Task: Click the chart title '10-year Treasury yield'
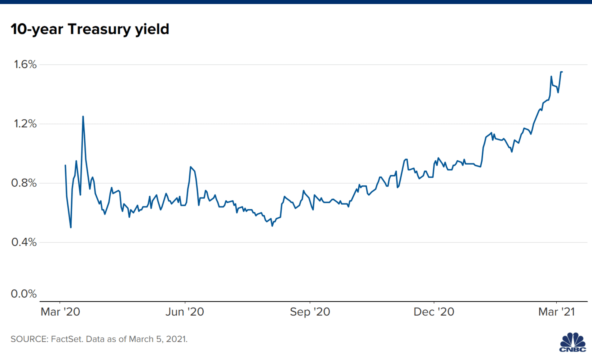(x=90, y=29)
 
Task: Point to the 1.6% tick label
(x=25, y=64)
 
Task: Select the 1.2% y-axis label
(x=25, y=124)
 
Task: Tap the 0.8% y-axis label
(x=24, y=183)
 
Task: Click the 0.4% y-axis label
(x=24, y=242)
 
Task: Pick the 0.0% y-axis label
(x=24, y=294)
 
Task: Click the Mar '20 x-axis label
(x=60, y=312)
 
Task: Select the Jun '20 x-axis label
(x=185, y=312)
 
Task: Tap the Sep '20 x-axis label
(x=310, y=312)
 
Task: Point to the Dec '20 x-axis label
(x=434, y=312)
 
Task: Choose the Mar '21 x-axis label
(x=557, y=312)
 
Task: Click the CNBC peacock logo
(x=572, y=342)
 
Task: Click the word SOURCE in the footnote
(x=29, y=339)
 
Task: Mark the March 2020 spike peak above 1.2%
(x=83, y=117)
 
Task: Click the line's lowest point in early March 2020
(x=71, y=227)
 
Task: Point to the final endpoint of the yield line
(x=562, y=72)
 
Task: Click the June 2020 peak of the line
(x=191, y=167)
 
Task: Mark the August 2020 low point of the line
(x=272, y=226)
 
